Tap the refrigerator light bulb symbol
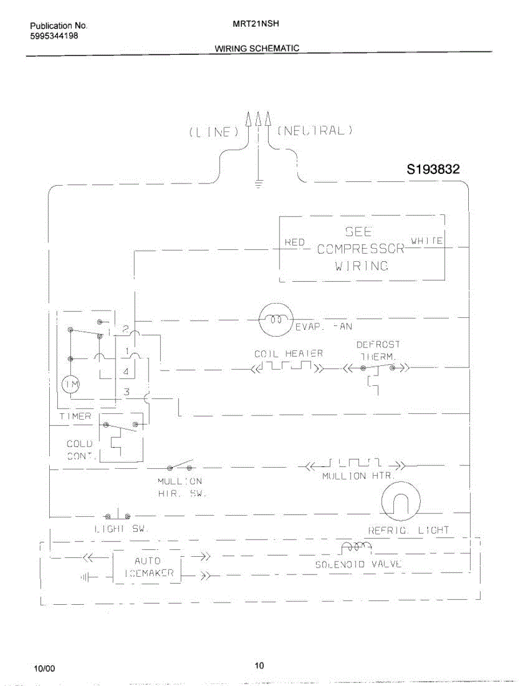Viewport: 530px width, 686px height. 400,501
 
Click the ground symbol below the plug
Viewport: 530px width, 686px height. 259,184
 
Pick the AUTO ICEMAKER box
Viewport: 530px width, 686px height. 147,567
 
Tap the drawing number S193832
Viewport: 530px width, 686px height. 433,169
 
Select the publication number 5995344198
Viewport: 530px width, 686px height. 54,35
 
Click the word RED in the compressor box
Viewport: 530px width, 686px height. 294,242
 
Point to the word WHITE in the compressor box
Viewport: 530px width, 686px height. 427,241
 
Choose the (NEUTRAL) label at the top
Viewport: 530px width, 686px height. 315,130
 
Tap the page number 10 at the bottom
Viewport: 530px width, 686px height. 259,665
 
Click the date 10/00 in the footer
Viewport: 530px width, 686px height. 45,668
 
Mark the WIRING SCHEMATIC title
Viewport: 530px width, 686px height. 257,48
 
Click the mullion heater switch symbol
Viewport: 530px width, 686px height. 179,465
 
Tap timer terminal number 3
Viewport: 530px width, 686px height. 127,392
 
